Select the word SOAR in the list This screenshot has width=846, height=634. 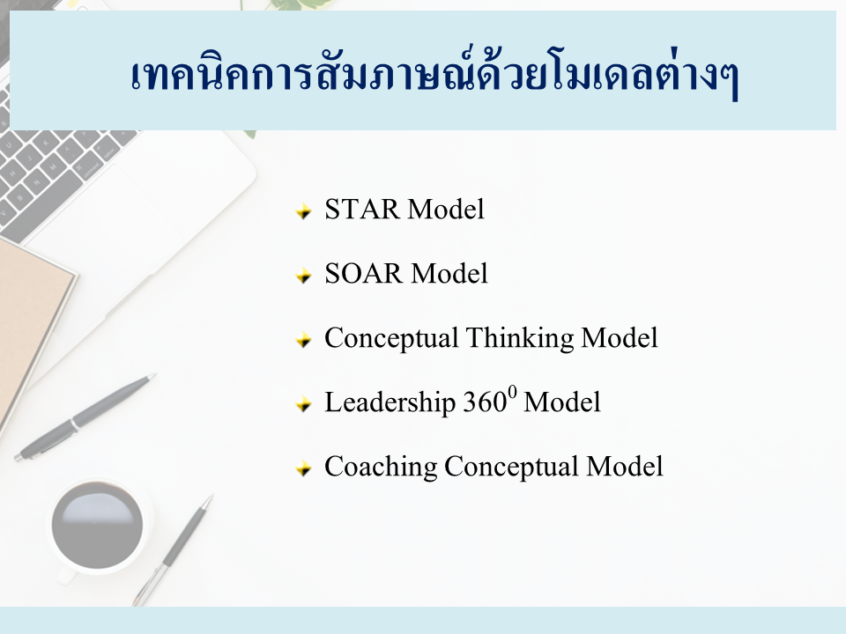pos(364,273)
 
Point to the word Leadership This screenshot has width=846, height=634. pos(390,402)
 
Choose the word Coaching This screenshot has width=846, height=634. pos(381,467)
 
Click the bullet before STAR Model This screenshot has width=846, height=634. pos(304,211)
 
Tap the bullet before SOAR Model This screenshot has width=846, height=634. pos(304,276)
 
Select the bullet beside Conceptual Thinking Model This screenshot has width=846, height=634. pos(304,340)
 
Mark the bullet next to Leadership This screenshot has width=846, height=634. pos(304,404)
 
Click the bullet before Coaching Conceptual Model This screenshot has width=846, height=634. pos(304,468)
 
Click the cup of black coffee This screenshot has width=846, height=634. pos(98,526)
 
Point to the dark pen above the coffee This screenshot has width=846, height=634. pos(85,417)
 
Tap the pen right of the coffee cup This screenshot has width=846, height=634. pos(174,549)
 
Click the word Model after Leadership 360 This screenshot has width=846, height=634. pos(561,402)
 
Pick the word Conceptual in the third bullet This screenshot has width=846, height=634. pos(391,339)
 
